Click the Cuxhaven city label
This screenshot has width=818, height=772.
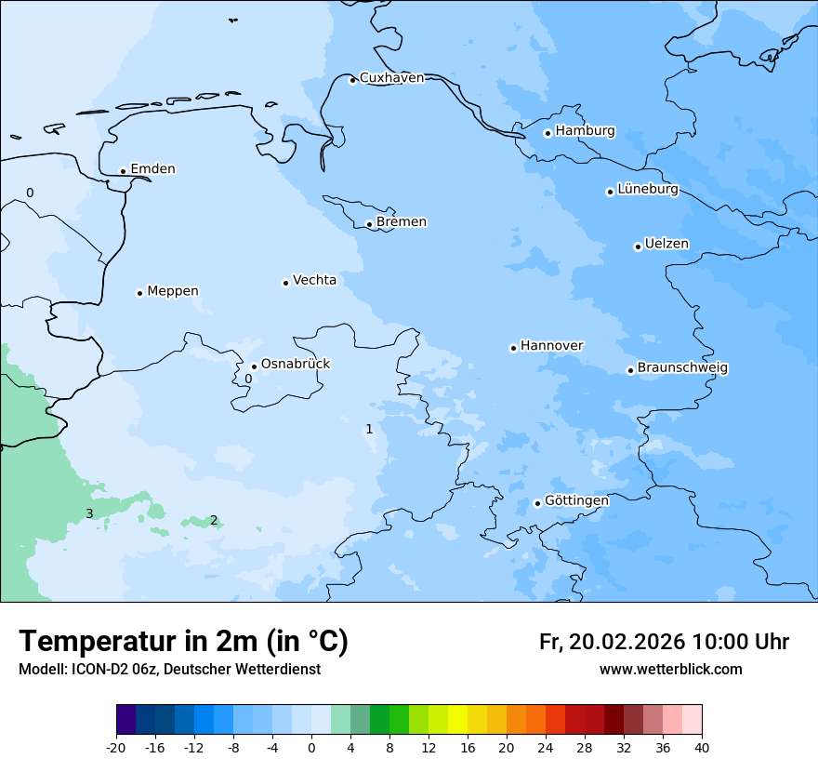391,78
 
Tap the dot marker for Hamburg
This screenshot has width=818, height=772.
548,133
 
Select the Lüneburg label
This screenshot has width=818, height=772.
647,189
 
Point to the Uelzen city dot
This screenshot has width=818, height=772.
638,246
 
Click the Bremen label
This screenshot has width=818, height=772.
401,221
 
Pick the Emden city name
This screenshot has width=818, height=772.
152,168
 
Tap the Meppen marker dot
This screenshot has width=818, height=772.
139,293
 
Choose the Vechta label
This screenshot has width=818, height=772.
314,280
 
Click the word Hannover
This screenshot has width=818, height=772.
551,345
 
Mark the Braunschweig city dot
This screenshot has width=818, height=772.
630,370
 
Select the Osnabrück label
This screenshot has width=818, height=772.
295,364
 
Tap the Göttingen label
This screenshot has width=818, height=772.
576,500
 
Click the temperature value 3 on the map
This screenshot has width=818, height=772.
89,513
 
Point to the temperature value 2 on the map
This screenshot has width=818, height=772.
214,520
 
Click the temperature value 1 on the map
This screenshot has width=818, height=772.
369,429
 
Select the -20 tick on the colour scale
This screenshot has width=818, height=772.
116,747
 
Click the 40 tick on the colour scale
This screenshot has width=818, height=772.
701,747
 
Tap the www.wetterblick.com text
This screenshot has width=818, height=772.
670,669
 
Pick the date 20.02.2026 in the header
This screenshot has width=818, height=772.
627,642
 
